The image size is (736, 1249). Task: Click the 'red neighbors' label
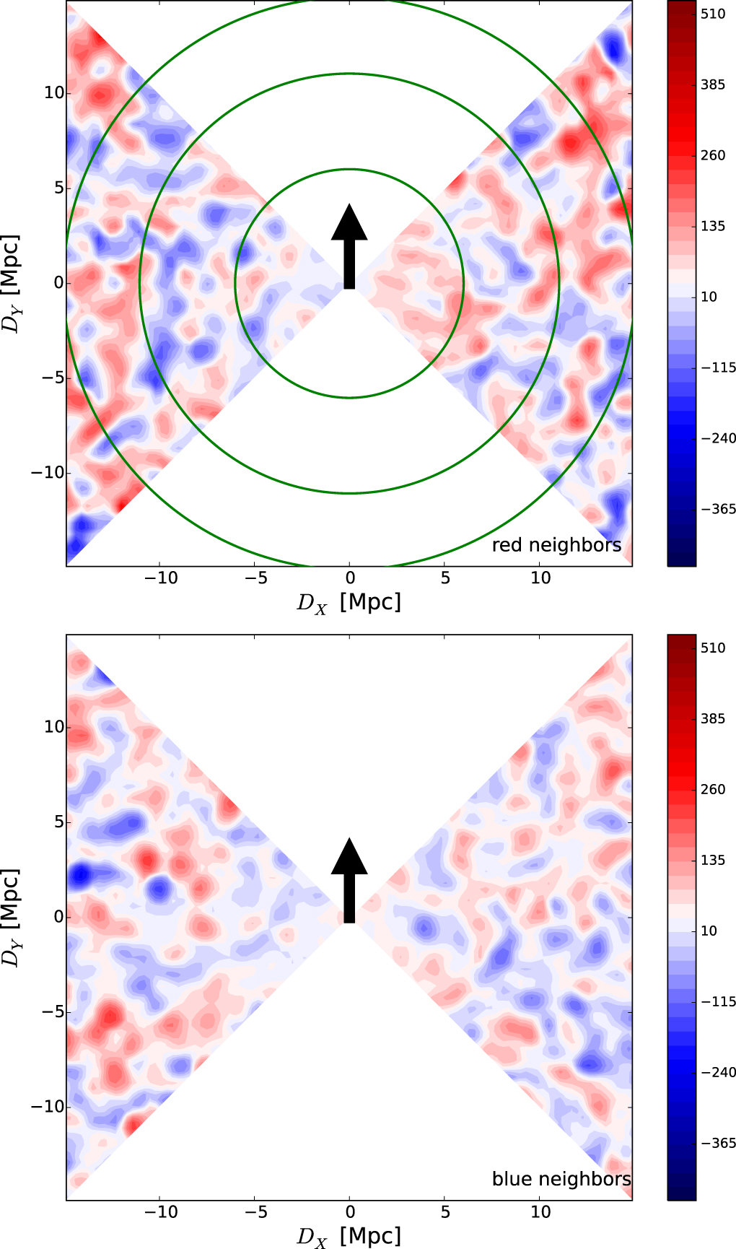[x=556, y=545]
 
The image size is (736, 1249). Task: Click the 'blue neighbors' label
[x=561, y=1179]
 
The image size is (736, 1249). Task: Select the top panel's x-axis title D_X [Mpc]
[x=349, y=602]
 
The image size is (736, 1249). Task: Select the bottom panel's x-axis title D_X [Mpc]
[x=349, y=1236]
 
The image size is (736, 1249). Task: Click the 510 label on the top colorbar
[x=713, y=14]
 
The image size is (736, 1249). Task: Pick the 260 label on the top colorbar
[x=713, y=155]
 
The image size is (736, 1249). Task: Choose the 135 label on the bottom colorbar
[x=713, y=860]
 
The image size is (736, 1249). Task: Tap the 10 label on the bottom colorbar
[x=709, y=931]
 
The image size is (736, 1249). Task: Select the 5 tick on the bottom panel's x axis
[x=445, y=1211]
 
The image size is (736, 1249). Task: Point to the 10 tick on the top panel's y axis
[x=53, y=92]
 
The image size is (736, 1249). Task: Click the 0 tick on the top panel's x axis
[x=350, y=578]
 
